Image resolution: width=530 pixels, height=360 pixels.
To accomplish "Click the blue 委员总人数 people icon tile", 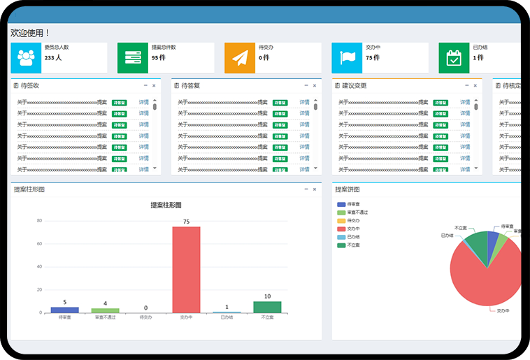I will pos(27,58).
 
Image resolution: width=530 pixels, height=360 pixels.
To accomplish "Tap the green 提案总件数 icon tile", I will pos(132,58).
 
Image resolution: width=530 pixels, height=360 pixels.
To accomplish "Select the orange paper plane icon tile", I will pos(240,58).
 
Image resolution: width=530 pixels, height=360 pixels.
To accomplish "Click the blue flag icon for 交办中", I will pos(347,58).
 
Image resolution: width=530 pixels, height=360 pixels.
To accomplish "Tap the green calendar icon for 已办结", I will pos(454,58).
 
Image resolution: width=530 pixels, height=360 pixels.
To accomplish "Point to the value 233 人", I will pos(53,58).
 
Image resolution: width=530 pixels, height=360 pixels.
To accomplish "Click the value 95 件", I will pos(158,58).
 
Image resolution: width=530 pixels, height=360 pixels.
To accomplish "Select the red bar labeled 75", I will pos(186,270).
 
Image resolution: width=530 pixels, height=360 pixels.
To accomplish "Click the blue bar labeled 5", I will pos(65,310).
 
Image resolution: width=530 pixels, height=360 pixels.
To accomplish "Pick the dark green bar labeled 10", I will pos(267,307).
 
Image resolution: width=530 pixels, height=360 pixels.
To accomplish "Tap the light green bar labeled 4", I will pos(105,310).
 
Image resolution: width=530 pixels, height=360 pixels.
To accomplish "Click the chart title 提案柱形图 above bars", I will pos(166,206).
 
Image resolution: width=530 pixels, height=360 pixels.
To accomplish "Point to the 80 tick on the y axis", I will pos(39,221).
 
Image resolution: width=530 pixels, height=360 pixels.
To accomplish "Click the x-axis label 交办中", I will pos(186,318).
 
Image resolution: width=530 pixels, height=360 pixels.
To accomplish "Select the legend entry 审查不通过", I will pos(357,213).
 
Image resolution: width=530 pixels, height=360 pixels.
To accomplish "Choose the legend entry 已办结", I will pos(353,237).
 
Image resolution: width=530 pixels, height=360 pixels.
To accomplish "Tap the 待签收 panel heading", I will pos(30,86).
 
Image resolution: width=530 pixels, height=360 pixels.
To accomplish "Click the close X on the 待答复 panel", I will pos(315,86).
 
